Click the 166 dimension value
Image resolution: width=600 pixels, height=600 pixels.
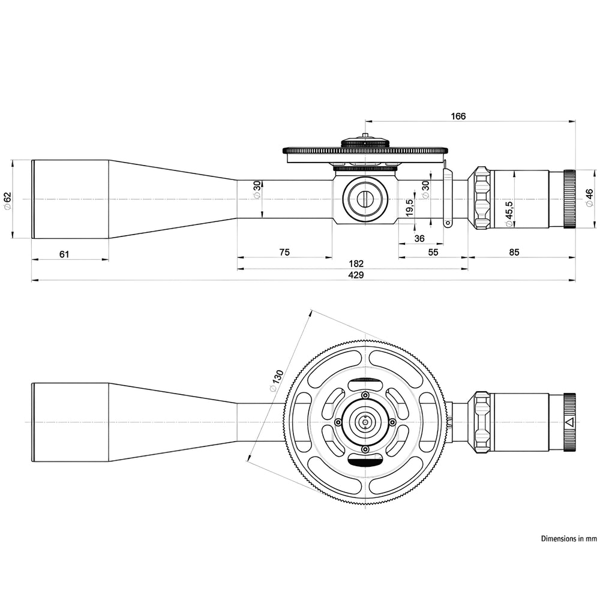[458, 116]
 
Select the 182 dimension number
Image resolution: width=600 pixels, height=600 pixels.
[356, 263]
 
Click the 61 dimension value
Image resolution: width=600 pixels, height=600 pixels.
[64, 254]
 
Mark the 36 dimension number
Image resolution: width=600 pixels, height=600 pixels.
[419, 238]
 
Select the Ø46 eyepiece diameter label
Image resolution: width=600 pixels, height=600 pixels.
[589, 199]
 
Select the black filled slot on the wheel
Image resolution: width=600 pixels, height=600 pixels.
[365, 461]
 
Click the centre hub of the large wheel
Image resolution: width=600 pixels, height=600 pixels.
[365, 422]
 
